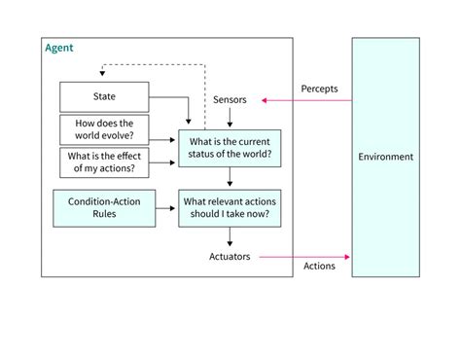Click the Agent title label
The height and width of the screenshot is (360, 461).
[x=59, y=48]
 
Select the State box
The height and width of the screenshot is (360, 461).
[x=104, y=96]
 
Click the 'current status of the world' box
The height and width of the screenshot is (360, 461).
[x=230, y=147]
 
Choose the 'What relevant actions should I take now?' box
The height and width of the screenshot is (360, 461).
[x=230, y=207]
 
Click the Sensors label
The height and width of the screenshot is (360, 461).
[x=230, y=99]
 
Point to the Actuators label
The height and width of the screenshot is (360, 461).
[x=230, y=257]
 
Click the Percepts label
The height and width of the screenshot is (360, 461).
[x=319, y=88]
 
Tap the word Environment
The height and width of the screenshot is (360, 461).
[x=385, y=157]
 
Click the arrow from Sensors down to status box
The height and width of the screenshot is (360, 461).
[x=230, y=118]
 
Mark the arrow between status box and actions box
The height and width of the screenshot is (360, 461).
[x=230, y=177]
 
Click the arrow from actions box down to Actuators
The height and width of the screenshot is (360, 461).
[x=230, y=236]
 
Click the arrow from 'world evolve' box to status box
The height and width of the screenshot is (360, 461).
[x=162, y=134]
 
